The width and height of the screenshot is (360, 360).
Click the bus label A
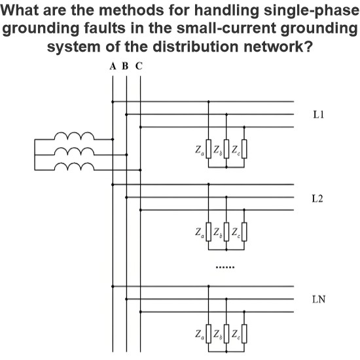pos(113,66)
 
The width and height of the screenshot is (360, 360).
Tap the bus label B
pos(125,66)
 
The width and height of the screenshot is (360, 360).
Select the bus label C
pos(139,66)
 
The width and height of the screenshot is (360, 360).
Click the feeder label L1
pos(319,115)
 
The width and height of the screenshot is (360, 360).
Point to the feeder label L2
pos(317,198)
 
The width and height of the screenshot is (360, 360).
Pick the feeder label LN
pos(319,299)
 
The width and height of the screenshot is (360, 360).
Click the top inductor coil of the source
pos(74,135)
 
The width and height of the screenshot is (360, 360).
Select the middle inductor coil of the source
pos(74,151)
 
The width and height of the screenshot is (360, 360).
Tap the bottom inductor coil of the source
pos(74,166)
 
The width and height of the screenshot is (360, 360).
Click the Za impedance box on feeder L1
pos(208,149)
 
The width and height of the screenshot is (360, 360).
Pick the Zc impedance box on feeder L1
pos(244,149)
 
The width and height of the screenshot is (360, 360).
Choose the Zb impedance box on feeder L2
pos(226,232)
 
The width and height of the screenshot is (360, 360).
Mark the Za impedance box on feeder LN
pos(208,334)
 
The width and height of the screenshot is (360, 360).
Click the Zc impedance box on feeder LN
pos(244,334)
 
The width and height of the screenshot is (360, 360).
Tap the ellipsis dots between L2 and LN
pos(225,267)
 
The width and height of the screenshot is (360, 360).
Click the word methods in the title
pos(131,10)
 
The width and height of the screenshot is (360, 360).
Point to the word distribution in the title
pos(196,46)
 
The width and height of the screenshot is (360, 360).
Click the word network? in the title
pos(278,46)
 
